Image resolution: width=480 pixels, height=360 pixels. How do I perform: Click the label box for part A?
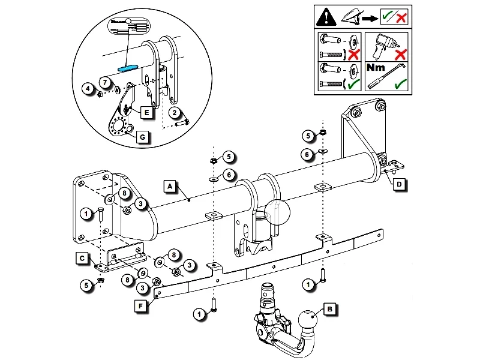coord(170,187)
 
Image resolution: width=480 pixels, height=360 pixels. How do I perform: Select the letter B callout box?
coord(329,310)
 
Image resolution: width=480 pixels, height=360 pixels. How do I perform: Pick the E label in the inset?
coord(145,112)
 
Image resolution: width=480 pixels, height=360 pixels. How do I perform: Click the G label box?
coord(142,137)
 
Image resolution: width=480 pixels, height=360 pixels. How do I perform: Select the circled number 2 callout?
coord(173,112)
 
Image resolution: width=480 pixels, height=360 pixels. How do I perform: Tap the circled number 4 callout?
coord(88,89)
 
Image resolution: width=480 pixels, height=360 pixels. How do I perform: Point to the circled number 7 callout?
coord(104,82)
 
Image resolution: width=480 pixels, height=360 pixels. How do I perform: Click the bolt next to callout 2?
coord(182,122)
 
